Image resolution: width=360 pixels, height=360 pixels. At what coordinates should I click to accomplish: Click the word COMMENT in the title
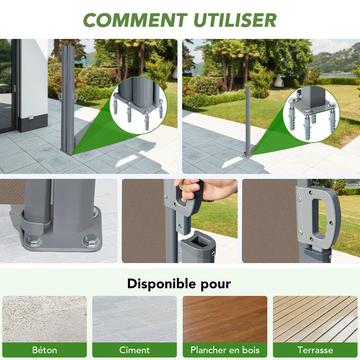(x=135, y=20)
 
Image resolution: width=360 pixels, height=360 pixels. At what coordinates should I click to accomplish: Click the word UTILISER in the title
(x=235, y=20)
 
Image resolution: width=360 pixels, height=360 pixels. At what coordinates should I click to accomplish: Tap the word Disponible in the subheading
(x=161, y=284)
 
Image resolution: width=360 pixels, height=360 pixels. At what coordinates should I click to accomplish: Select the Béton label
(x=44, y=350)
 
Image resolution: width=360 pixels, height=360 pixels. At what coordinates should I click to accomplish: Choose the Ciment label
(x=134, y=350)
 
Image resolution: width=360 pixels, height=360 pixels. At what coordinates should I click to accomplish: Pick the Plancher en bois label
(x=225, y=350)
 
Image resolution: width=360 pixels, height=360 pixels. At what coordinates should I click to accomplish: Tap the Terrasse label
(x=315, y=350)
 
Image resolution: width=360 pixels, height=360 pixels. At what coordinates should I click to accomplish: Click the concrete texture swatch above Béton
(x=44, y=319)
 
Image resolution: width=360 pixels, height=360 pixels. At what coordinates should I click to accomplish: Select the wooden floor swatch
(x=225, y=319)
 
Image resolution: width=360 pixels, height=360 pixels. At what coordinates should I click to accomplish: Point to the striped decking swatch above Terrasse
(x=315, y=319)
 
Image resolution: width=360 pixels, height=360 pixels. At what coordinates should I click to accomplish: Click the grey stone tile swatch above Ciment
(x=134, y=319)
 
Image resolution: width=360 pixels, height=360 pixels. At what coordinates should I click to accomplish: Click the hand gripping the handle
(x=202, y=189)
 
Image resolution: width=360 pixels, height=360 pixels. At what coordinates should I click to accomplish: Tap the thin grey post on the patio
(x=247, y=121)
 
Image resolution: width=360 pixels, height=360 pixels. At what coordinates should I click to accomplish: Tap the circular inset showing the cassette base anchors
(x=138, y=105)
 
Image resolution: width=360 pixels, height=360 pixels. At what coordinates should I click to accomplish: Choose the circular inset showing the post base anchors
(x=311, y=114)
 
